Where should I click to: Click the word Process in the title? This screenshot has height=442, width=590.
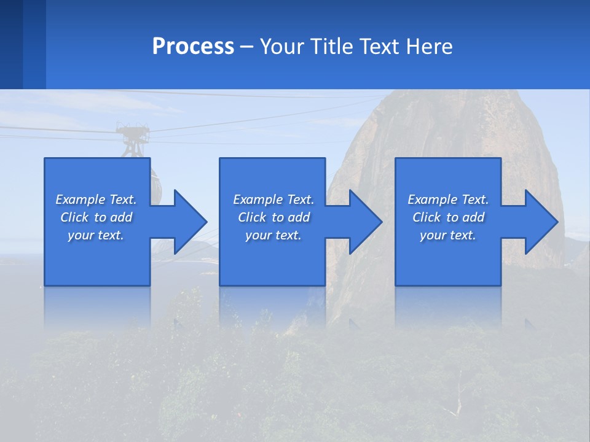[193, 47]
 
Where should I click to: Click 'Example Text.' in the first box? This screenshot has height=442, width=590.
[96, 200]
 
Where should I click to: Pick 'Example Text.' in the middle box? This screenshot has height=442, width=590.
[273, 200]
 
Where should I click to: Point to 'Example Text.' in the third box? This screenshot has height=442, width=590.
[448, 200]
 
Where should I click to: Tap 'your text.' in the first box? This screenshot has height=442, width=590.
[96, 235]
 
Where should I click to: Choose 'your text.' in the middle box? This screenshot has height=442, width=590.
[273, 235]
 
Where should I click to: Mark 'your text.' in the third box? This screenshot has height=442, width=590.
[448, 235]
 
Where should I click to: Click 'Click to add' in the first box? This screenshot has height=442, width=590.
[96, 217]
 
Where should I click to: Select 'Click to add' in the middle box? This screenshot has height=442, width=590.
[273, 217]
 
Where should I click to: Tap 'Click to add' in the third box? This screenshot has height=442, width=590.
[448, 217]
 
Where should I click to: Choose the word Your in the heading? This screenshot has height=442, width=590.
[283, 47]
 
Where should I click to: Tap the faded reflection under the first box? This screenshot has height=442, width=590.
[97, 307]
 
